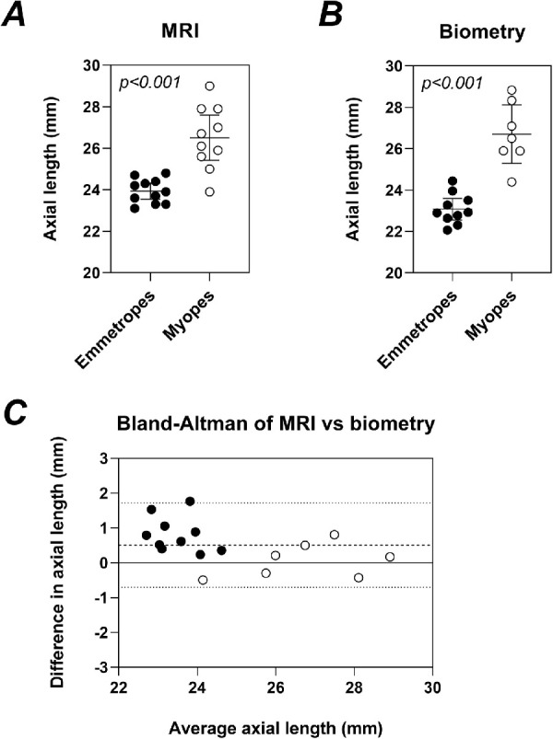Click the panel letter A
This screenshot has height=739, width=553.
[x=16, y=17]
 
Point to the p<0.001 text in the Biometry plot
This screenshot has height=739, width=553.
[x=452, y=83]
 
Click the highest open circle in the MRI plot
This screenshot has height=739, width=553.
[x=210, y=86]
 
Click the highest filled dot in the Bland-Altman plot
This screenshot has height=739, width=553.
[x=190, y=502]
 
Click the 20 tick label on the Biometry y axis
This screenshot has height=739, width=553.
[x=391, y=273]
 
